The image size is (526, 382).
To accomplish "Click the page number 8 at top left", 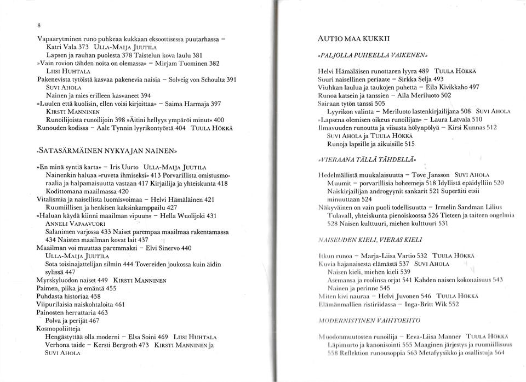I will click(39, 25).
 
